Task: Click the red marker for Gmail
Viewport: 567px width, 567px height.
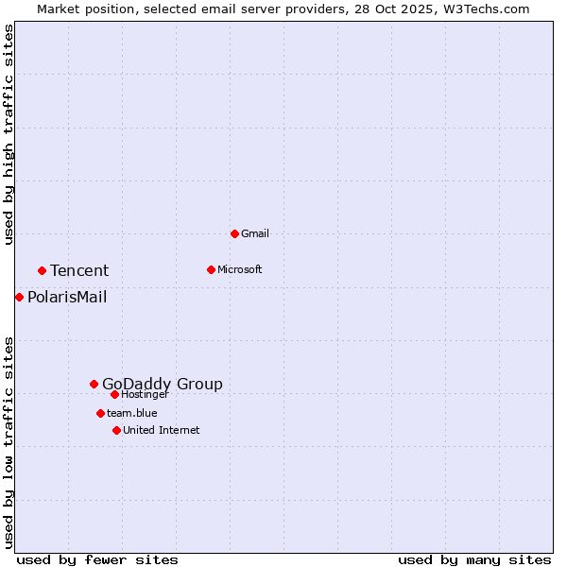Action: click(234, 233)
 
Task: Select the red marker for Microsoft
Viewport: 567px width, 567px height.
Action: click(211, 269)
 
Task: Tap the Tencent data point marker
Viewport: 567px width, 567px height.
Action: click(42, 270)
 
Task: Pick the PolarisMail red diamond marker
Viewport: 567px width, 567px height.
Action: click(19, 297)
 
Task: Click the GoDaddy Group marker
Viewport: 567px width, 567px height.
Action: click(94, 384)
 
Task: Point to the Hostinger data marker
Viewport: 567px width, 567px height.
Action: click(114, 394)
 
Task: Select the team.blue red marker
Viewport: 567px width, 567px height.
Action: click(100, 413)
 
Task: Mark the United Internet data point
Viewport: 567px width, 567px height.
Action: click(116, 430)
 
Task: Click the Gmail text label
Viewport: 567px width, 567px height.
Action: click(255, 233)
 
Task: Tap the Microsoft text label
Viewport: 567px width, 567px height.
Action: click(240, 269)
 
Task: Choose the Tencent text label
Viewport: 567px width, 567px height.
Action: click(79, 270)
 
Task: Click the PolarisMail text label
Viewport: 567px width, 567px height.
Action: click(67, 297)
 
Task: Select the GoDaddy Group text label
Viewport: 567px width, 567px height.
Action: click(163, 384)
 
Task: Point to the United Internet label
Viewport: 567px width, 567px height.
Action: click(162, 430)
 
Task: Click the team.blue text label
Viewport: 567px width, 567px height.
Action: click(132, 413)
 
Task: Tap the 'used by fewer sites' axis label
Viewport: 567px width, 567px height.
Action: click(97, 559)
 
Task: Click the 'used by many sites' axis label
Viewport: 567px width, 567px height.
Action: click(474, 559)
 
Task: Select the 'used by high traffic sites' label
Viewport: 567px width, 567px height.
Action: click(9, 134)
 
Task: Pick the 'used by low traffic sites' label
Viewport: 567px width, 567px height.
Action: click(9, 442)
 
